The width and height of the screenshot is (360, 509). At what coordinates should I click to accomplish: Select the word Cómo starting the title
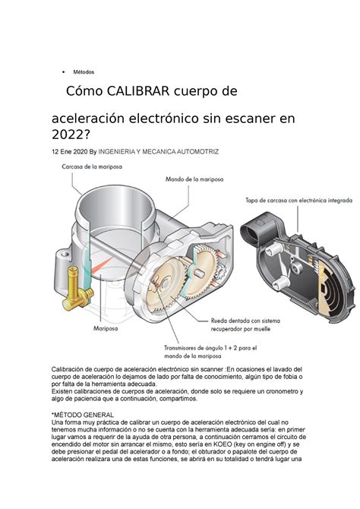86,92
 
